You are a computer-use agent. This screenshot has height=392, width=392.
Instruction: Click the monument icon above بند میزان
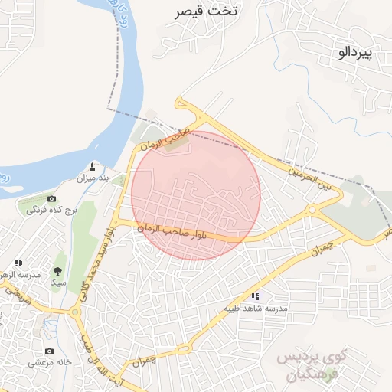93,166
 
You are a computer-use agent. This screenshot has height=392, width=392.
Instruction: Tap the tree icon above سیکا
57,271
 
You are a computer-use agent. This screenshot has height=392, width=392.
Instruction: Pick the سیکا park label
57,283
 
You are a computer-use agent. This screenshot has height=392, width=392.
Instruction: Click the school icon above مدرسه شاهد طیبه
255,296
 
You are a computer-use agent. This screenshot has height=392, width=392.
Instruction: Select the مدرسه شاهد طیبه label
255,308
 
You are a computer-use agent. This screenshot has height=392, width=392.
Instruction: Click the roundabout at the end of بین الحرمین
312,210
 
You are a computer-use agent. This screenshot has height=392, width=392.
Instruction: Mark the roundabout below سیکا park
75,312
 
